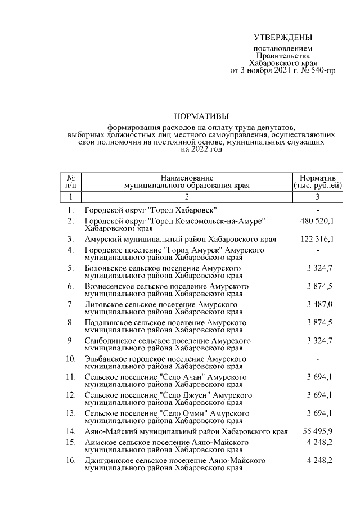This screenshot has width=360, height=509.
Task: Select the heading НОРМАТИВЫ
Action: coord(201,118)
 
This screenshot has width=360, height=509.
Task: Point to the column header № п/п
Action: coord(71,180)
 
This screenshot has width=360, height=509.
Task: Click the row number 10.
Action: coord(71,358)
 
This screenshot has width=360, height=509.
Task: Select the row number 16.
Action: coord(71,460)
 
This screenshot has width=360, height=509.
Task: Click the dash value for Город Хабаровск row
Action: coord(318,210)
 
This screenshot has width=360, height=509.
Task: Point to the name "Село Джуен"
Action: coord(181,395)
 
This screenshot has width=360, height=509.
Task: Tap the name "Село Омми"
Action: coord(181,413)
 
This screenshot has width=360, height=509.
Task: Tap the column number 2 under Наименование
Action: coord(187,197)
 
